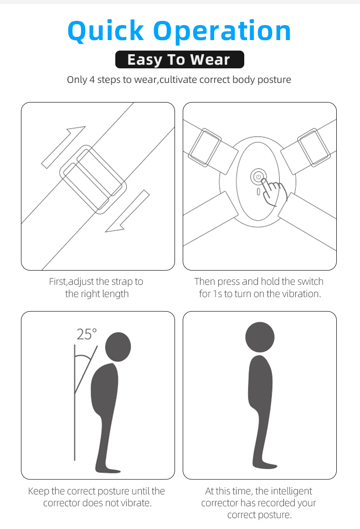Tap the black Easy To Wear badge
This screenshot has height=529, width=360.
(180, 59)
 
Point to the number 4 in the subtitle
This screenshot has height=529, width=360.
(92, 80)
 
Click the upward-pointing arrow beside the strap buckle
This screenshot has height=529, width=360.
(63, 147)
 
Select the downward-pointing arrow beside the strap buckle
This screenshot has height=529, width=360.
(128, 211)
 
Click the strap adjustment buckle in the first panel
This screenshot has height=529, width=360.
(93, 180)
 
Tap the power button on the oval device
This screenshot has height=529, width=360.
(258, 176)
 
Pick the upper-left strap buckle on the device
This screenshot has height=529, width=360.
(205, 148)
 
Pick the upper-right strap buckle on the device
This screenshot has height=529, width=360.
(314, 148)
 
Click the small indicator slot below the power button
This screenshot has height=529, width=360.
(258, 192)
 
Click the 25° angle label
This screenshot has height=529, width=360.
(87, 334)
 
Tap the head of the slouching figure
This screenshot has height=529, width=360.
(118, 347)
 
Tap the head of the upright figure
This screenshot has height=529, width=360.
(260, 337)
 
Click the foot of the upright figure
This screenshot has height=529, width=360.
(265, 466)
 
